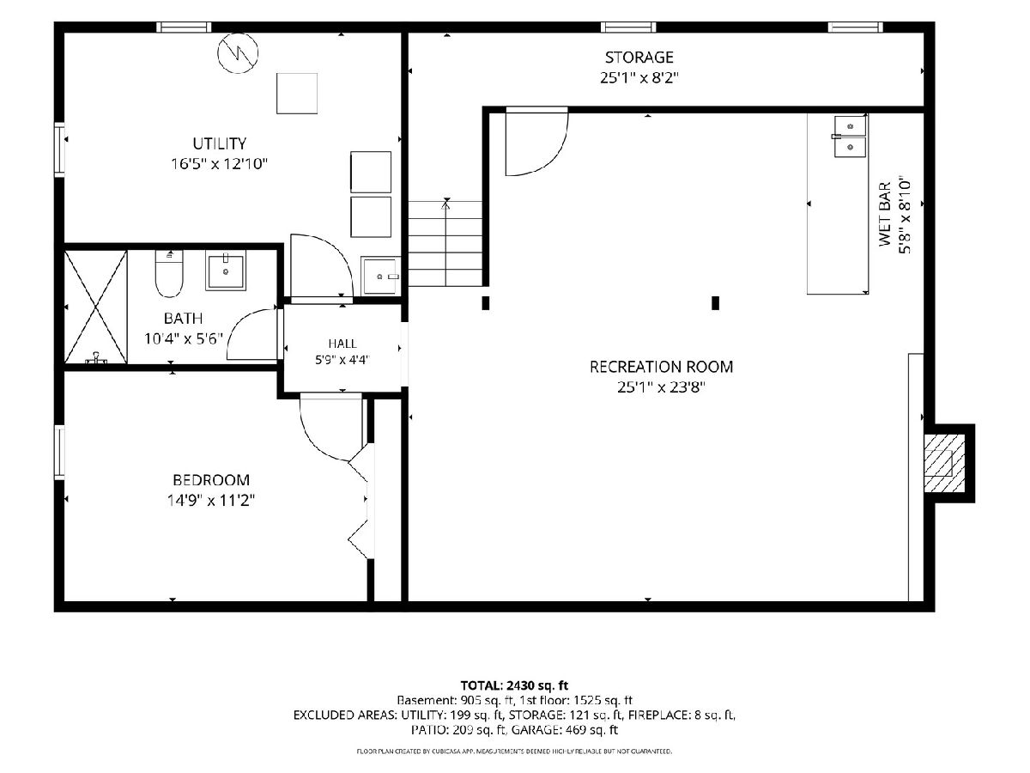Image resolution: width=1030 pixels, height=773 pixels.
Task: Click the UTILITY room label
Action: click(219, 143)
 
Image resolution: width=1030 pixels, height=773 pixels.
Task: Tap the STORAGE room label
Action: click(639, 58)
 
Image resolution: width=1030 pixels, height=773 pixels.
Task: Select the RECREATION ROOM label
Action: click(661, 367)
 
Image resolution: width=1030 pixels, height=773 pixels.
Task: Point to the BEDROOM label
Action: click(211, 479)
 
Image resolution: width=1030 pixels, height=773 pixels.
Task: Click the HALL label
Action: click(342, 344)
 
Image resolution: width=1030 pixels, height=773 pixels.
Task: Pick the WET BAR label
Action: click(885, 214)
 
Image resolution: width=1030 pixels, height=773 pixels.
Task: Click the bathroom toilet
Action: click(169, 274)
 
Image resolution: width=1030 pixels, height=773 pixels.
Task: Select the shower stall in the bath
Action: click(96, 307)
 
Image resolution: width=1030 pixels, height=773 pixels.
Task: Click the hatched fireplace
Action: click(945, 463)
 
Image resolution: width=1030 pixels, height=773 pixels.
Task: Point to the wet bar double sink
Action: click(850, 137)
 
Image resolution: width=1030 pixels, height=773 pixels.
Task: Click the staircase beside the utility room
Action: click(445, 243)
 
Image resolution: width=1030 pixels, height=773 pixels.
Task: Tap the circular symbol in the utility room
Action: click(239, 53)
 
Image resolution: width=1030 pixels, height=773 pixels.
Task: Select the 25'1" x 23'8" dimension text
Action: click(661, 387)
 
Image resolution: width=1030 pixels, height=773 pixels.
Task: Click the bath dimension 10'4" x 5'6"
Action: click(184, 338)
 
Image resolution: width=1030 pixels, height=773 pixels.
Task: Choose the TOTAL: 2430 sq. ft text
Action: click(514, 685)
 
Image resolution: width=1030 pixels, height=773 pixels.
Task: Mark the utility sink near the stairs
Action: click(380, 276)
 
